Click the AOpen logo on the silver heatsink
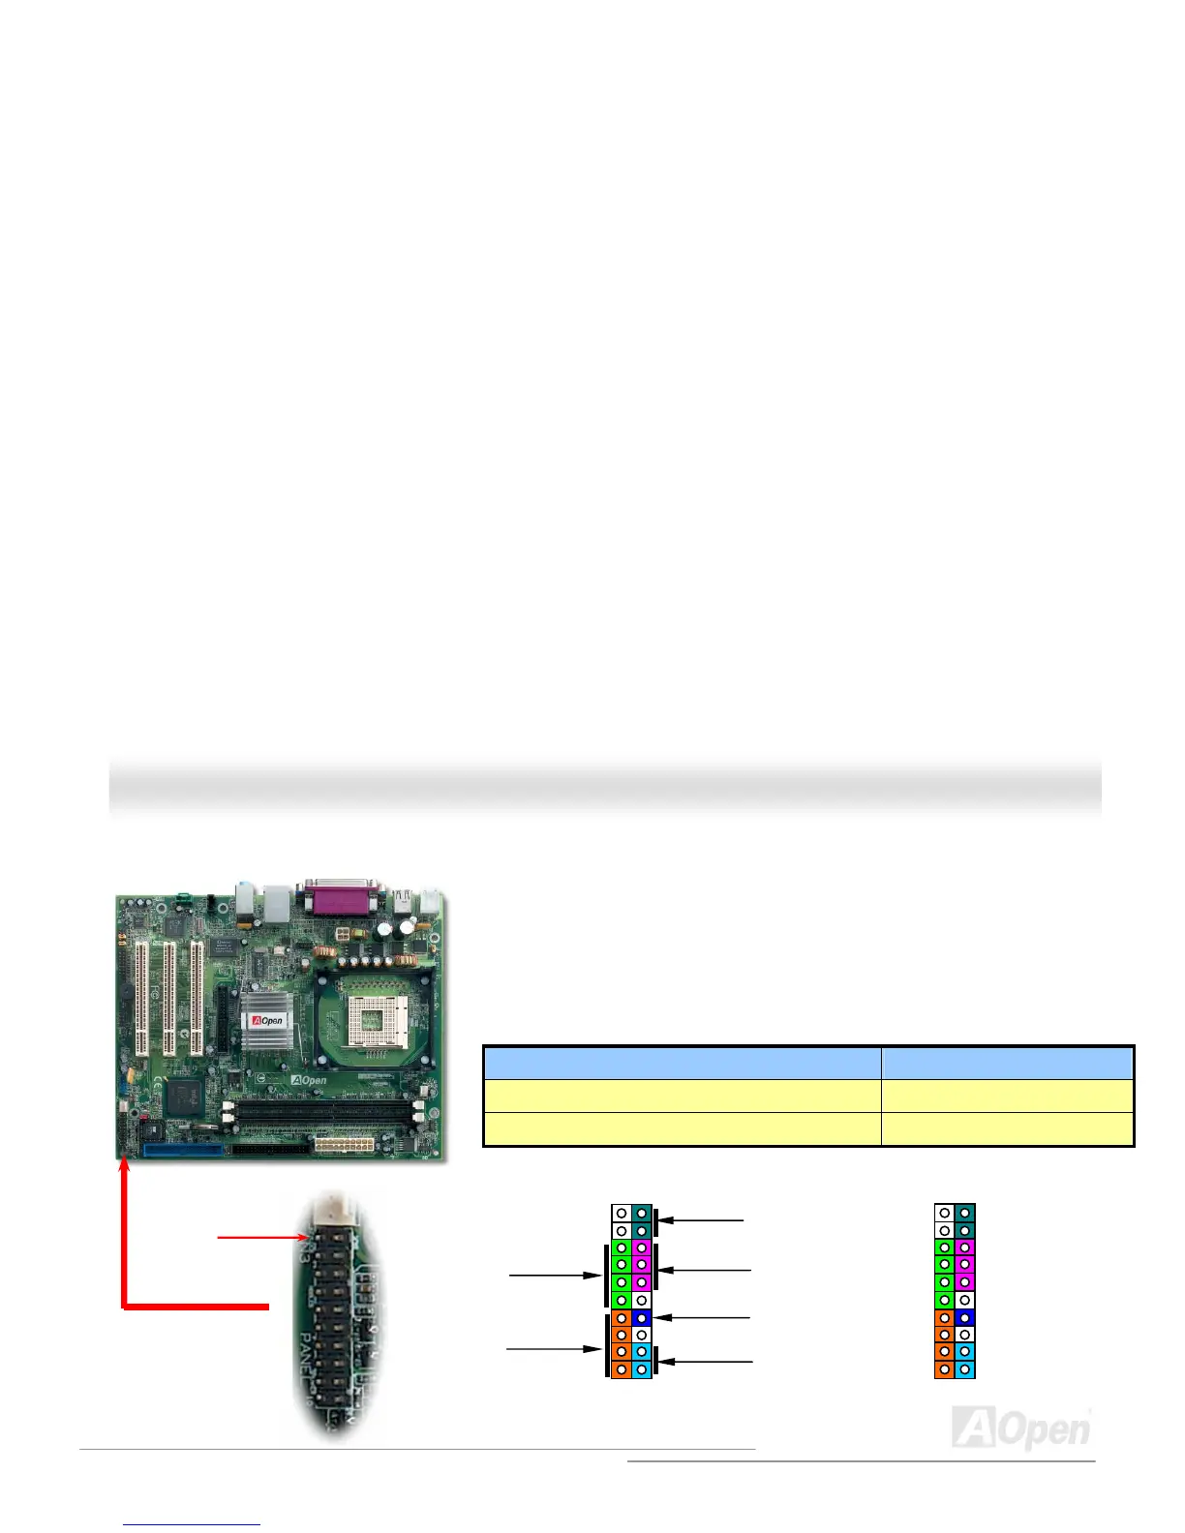267,1021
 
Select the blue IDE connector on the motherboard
183,1150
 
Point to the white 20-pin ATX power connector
343,1146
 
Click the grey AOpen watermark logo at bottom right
1021,1428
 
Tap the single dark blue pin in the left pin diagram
641,1317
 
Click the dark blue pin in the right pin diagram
964,1317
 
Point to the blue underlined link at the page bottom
192,1523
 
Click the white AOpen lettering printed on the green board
310,1080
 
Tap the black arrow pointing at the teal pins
701,1220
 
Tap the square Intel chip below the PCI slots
184,1097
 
